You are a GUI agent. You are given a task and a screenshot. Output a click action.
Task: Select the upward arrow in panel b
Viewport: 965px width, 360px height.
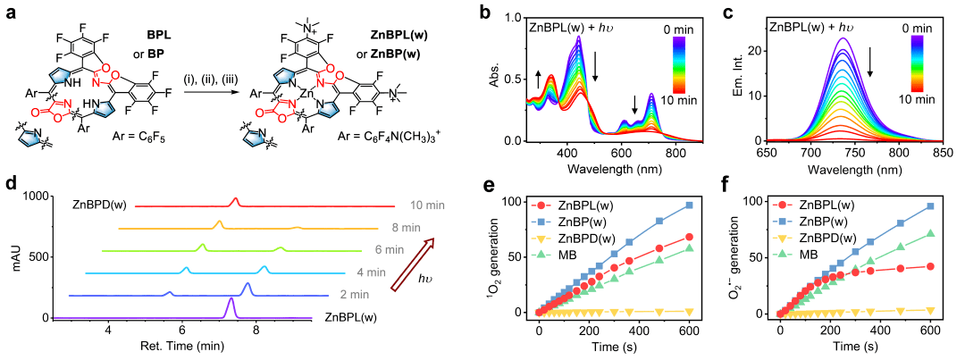coord(538,80)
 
